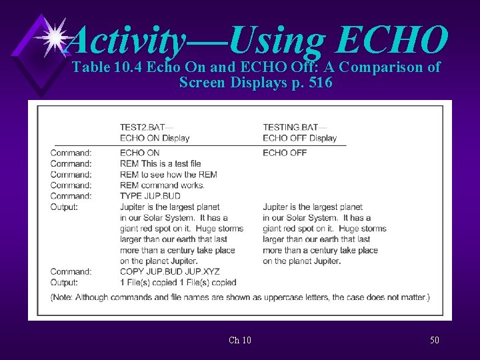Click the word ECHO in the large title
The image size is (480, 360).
tap(392, 40)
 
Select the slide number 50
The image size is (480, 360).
tap(435, 341)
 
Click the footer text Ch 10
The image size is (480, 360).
tap(240, 341)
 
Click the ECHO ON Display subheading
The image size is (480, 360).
tap(155, 138)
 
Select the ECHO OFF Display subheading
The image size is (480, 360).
tap(299, 138)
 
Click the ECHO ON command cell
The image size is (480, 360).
tap(139, 153)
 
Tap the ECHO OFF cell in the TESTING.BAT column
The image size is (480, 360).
tap(285, 153)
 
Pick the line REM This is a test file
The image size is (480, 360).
tap(160, 163)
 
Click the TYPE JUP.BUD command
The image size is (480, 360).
tap(150, 196)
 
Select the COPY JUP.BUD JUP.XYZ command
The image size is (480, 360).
tap(169, 271)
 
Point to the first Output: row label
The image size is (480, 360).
tap(64, 207)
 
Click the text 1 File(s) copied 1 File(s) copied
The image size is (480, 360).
tap(178, 282)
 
